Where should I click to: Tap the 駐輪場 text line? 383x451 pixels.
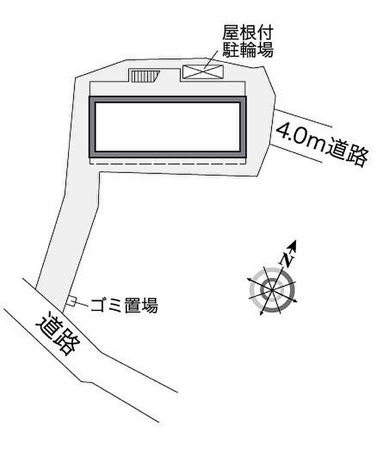pos(247,49)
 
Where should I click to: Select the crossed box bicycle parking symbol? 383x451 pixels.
pos(204,71)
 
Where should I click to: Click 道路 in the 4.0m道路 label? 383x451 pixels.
pos(347,153)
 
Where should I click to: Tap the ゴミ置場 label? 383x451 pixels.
pos(124,305)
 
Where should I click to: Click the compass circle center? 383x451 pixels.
pos(272,290)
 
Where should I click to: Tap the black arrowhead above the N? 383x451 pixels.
pos(293,245)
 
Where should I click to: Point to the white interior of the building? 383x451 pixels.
pos(167,127)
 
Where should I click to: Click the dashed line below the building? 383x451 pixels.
pos(167,164)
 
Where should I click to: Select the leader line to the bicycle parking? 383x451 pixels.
pos(211,60)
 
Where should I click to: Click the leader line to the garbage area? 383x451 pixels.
pos(82,303)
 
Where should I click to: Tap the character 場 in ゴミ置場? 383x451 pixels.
pos(149,305)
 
